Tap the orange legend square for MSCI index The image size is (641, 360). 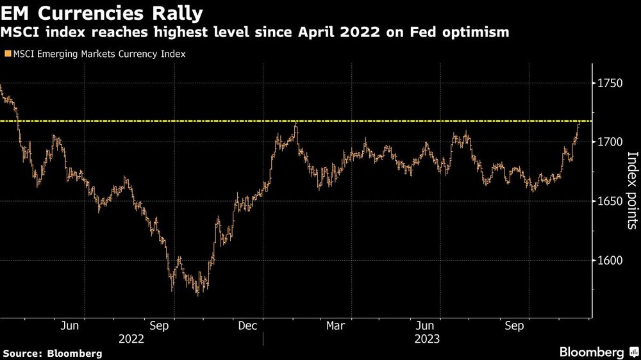click(x=6, y=54)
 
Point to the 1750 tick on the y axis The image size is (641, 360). click(x=612, y=83)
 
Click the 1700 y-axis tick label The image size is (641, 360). click(x=612, y=142)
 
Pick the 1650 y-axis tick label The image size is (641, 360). click(x=612, y=201)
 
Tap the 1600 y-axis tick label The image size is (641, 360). click(x=612, y=261)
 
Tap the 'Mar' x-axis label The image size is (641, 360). click(x=335, y=326)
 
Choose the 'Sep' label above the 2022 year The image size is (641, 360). click(x=158, y=326)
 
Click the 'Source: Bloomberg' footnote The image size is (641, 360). click(x=52, y=353)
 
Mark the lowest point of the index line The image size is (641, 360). click(x=198, y=294)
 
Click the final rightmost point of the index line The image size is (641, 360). click(x=579, y=122)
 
